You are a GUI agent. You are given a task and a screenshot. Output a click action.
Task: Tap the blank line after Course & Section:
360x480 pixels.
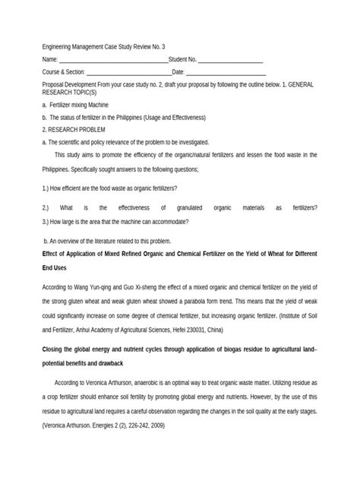click(x=128, y=72)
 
